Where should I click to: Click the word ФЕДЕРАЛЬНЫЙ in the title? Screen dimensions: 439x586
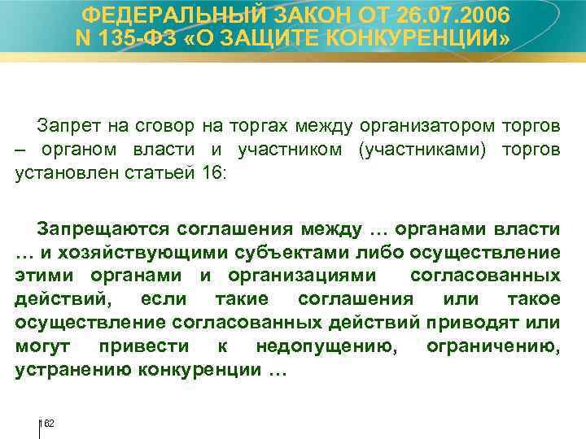170,15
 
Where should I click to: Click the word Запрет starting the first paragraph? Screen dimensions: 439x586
64,126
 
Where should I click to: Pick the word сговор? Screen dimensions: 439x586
160,126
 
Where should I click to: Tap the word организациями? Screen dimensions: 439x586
284,275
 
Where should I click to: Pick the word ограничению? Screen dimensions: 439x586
493,346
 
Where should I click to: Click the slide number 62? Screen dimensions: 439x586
48,424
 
